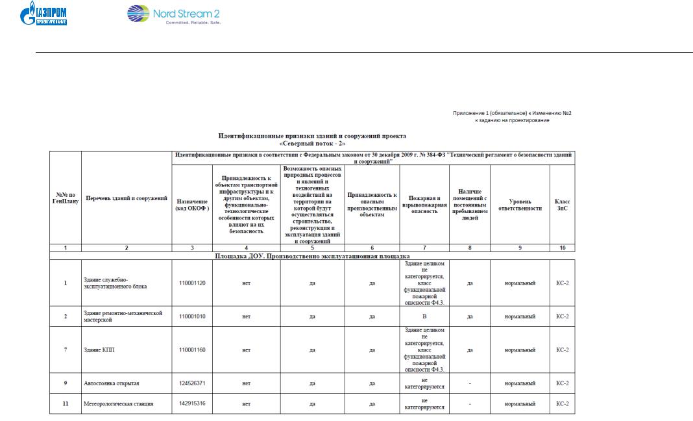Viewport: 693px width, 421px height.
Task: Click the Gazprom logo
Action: tap(49, 14)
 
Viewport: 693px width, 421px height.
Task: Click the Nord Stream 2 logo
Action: tap(165, 14)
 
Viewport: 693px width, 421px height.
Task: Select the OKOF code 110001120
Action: tap(191, 284)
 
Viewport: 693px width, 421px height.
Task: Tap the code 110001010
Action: tap(191, 316)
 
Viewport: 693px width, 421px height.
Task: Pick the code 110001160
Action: tap(191, 350)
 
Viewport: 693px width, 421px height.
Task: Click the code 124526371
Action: tap(191, 383)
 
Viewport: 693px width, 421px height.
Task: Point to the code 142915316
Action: tap(191, 403)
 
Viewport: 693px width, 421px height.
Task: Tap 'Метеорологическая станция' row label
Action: tap(119, 403)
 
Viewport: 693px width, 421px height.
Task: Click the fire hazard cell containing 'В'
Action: tap(424, 316)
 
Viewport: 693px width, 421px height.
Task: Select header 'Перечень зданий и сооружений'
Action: tap(127, 198)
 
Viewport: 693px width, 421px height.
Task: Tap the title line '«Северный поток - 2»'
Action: tap(312, 143)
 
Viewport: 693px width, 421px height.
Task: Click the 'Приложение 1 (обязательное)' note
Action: tap(511, 113)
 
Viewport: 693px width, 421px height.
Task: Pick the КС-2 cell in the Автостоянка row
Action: tap(562, 383)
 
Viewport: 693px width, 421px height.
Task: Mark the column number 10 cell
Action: tap(562, 248)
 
